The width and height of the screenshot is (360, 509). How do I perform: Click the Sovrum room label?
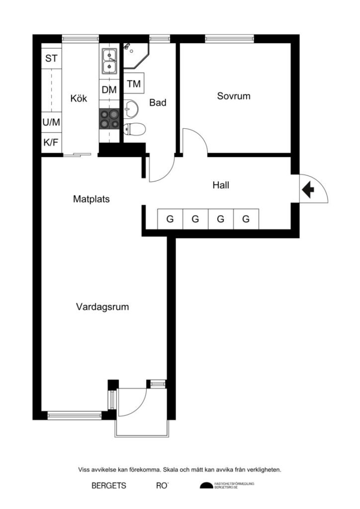234,96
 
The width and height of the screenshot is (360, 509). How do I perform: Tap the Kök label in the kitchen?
79,98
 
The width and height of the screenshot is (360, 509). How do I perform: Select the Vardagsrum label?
102,307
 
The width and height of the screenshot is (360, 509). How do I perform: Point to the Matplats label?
91,199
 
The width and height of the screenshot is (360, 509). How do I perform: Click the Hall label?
221,185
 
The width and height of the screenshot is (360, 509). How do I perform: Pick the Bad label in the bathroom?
158,102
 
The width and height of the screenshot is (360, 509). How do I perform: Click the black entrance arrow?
308,190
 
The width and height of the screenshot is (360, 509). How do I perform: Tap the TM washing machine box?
134,84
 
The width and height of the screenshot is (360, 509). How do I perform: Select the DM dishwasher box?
109,89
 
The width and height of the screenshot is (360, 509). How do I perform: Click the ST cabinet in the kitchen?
51,59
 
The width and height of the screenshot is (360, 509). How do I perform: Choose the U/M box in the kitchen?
51,122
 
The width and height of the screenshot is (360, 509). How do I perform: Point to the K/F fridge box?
51,142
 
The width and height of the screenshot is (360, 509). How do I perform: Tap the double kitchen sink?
109,61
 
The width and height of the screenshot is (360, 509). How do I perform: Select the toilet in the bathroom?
134,129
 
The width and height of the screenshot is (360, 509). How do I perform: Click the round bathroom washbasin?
131,108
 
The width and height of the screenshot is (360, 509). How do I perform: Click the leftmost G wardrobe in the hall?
170,219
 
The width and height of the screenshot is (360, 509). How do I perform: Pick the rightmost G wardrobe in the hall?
246,219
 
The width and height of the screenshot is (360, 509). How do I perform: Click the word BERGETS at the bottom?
109,486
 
